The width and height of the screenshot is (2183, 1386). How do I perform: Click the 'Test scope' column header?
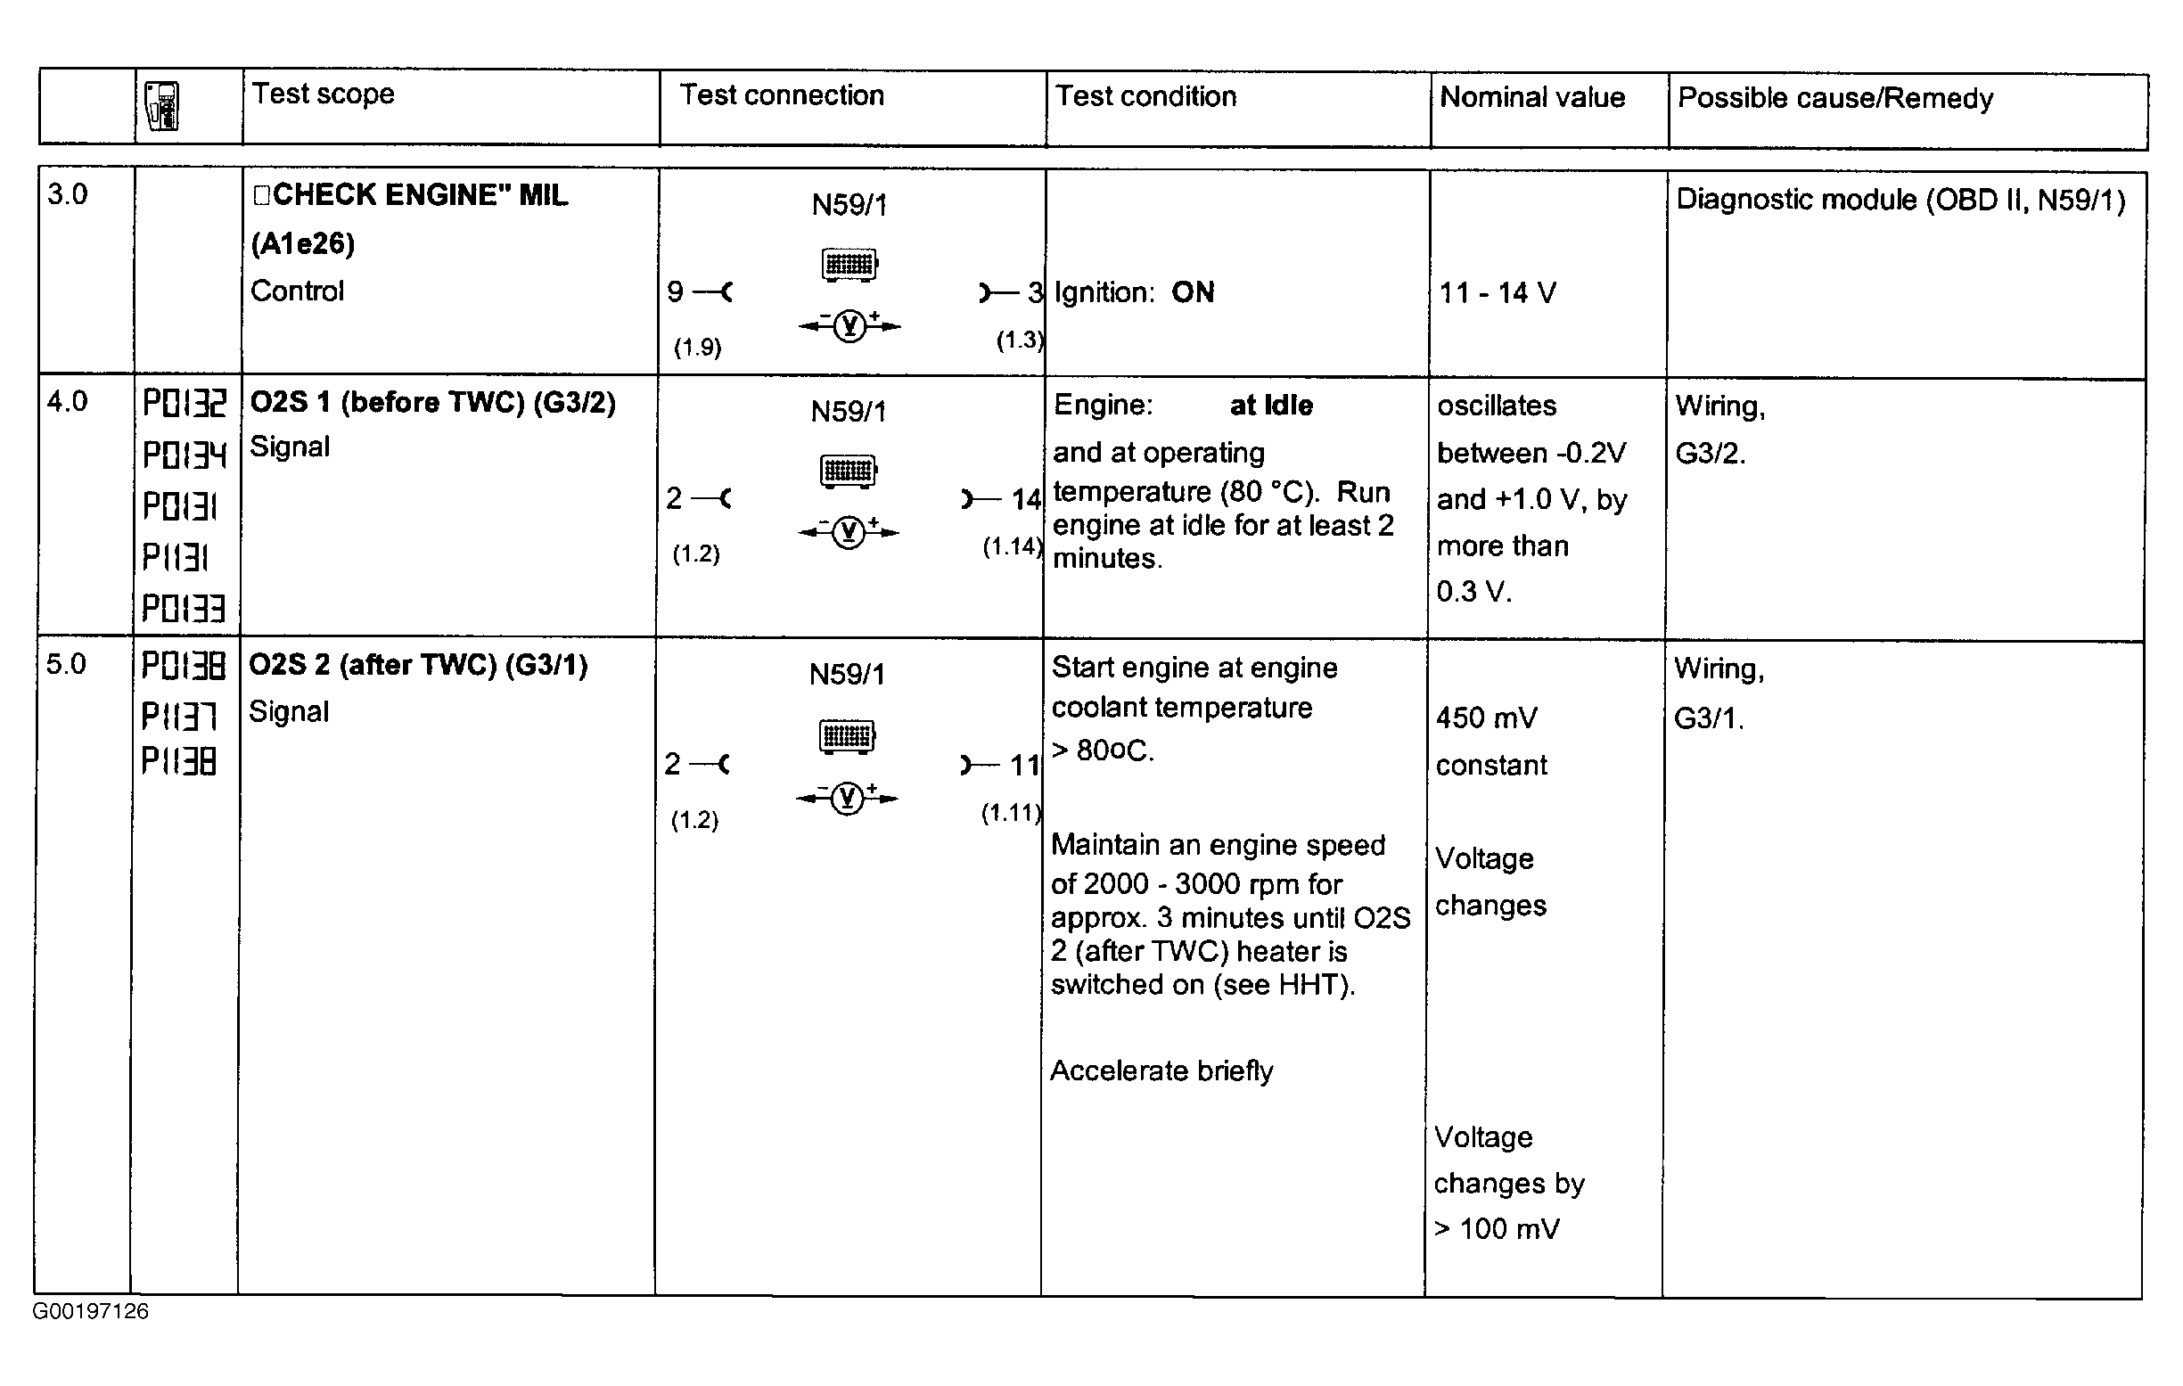(323, 94)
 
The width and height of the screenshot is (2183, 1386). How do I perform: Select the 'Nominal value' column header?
(1532, 97)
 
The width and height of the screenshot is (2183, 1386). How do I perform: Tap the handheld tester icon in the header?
(163, 107)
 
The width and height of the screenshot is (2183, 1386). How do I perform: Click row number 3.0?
(67, 194)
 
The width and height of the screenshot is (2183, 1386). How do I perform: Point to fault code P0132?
(184, 404)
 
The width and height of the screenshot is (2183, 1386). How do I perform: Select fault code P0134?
(184, 455)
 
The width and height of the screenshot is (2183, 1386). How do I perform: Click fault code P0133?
(183, 607)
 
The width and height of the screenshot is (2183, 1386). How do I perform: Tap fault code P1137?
(179, 717)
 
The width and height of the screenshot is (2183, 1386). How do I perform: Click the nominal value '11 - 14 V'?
(1498, 292)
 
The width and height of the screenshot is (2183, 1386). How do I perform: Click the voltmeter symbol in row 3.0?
(849, 325)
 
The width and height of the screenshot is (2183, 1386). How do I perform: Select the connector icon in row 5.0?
(848, 736)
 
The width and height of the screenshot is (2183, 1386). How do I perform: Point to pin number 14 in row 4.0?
(1026, 499)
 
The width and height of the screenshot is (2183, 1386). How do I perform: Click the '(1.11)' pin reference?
(1011, 813)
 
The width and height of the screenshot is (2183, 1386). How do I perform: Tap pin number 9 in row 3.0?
(675, 291)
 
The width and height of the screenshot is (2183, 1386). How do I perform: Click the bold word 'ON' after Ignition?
(1192, 291)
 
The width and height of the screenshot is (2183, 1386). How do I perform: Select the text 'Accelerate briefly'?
(1161, 1071)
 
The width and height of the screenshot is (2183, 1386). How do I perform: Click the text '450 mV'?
(1487, 718)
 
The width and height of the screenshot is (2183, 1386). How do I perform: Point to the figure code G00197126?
(91, 1312)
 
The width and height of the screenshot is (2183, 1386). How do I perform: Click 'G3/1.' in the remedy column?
(1709, 718)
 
